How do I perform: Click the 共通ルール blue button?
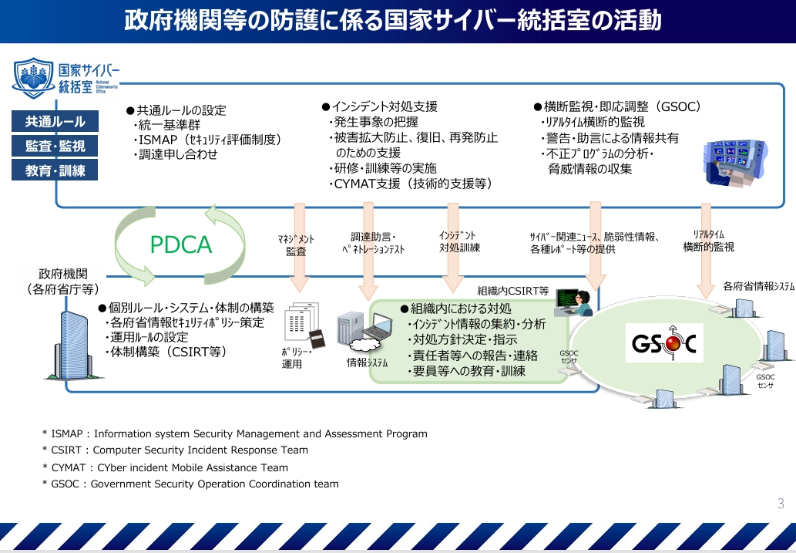click(x=55, y=121)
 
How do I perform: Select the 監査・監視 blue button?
click(x=55, y=146)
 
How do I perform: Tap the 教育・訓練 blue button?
click(x=55, y=170)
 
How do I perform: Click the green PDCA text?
click(x=180, y=244)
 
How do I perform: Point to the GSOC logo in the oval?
click(x=665, y=345)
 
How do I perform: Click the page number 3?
click(x=780, y=504)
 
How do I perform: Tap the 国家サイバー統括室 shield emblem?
click(x=35, y=77)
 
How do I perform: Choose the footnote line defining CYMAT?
click(x=165, y=467)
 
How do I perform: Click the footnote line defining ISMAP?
click(x=234, y=433)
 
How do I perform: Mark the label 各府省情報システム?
click(x=758, y=286)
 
